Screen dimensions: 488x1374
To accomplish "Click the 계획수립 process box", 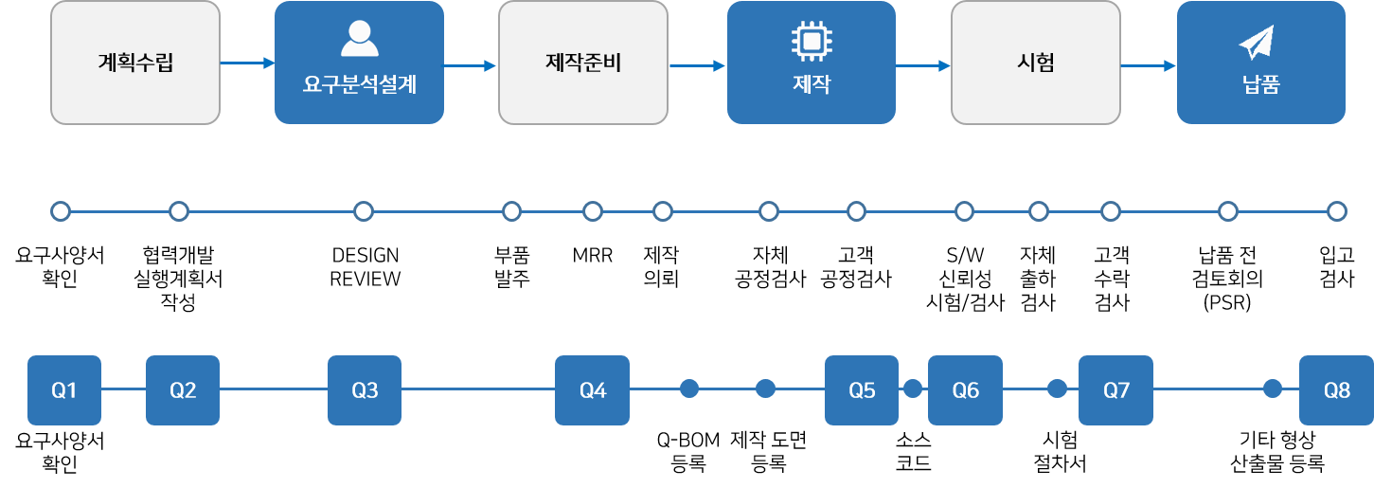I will [x=135, y=63].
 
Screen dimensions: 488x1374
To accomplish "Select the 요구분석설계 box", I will [x=359, y=63].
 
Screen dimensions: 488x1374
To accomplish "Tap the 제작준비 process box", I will [x=583, y=63].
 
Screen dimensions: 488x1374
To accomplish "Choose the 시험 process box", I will [x=1035, y=63].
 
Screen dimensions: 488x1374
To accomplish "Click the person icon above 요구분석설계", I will [x=359, y=39].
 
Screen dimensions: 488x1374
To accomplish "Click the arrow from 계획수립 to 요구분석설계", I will [x=247, y=63].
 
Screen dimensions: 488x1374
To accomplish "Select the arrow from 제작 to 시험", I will [x=923, y=66].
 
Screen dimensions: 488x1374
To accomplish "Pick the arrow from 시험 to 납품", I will [x=1148, y=66].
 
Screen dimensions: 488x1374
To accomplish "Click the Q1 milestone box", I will [x=64, y=389].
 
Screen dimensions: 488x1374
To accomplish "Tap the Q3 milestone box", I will [x=365, y=389].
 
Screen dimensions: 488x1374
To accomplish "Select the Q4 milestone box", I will [x=592, y=389].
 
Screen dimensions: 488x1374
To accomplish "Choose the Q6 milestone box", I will [x=965, y=389].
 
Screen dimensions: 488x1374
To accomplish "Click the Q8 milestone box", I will [x=1336, y=389].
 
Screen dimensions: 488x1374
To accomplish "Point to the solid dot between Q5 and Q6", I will [x=913, y=389].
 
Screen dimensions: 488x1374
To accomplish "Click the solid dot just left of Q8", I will [x=1273, y=389].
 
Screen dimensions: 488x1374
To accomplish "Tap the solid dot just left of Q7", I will [x=1057, y=389].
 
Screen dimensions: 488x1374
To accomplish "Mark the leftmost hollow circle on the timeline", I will [x=61, y=210].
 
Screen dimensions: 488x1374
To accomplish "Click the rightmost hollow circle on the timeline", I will [x=1336, y=210].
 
